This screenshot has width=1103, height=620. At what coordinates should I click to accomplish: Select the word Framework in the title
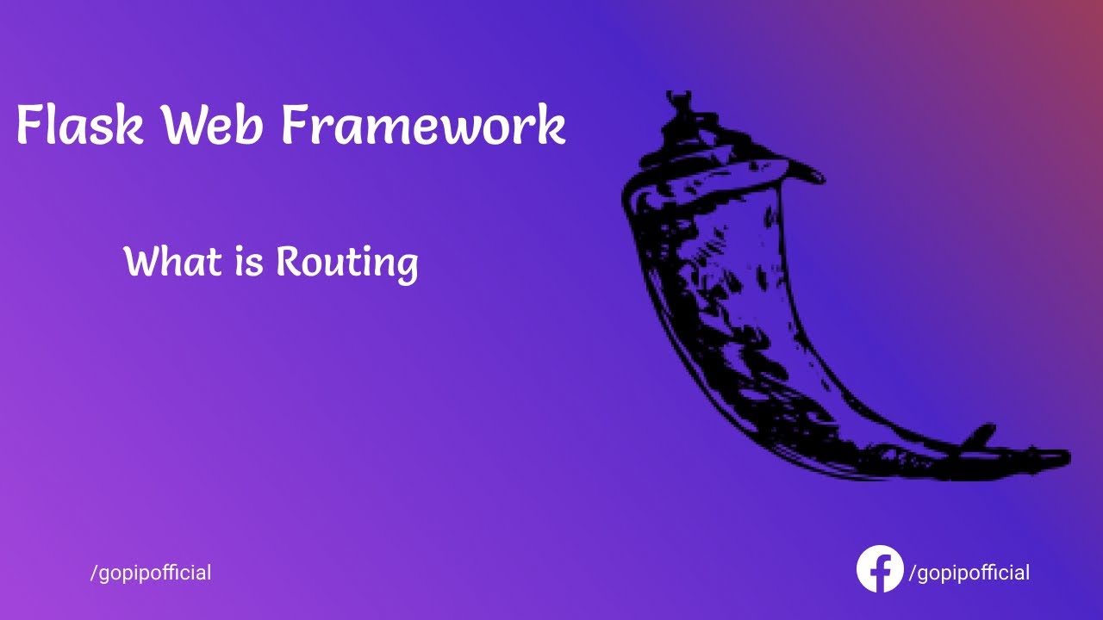422,125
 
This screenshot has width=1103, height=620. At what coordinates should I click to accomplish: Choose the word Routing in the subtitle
346,263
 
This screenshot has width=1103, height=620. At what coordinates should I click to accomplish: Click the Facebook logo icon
880,569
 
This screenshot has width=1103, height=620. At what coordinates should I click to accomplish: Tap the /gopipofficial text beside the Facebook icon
969,573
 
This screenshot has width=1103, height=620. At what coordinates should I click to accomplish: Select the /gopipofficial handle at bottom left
151,573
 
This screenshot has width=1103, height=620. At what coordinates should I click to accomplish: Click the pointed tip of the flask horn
1065,456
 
